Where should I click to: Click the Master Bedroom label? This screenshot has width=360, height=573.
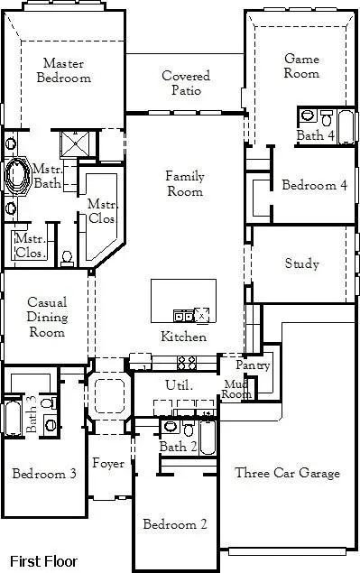pyautogui.click(x=64, y=70)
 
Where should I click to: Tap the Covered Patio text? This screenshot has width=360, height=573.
pyautogui.click(x=186, y=83)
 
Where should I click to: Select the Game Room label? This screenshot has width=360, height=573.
pyautogui.click(x=301, y=66)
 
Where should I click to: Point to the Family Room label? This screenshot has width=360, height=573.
pyautogui.click(x=184, y=183)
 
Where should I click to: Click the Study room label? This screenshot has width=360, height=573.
pyautogui.click(x=301, y=264)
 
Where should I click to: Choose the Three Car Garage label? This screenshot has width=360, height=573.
pyautogui.click(x=287, y=473)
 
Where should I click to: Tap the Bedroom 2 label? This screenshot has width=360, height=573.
pyautogui.click(x=176, y=523)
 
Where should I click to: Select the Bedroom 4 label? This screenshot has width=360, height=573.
pyautogui.click(x=314, y=186)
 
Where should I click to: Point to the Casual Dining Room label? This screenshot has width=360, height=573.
pyautogui.click(x=45, y=317)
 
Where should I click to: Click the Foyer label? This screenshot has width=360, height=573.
pyautogui.click(x=108, y=464)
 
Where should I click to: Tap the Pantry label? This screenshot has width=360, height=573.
pyautogui.click(x=253, y=365)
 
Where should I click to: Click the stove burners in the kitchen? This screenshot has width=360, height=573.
pyautogui.click(x=187, y=363)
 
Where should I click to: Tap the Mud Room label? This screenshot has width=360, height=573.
pyautogui.click(x=236, y=389)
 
